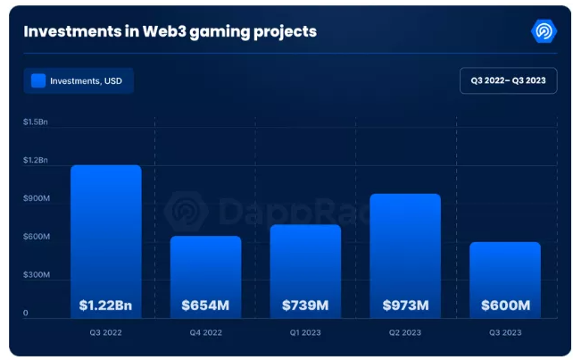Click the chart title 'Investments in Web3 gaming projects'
tap(170, 32)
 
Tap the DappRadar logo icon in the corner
tap(543, 32)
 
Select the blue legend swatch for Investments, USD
tap(38, 81)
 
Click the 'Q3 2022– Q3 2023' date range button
tap(508, 81)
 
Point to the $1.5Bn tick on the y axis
tap(36, 121)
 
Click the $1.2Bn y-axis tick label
tap(36, 160)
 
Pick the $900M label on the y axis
tap(37, 198)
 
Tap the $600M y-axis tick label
tap(37, 237)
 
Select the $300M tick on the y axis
tap(37, 275)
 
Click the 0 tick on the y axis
tap(26, 314)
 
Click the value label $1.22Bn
tap(105, 306)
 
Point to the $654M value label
tap(205, 306)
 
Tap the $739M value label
tap(305, 306)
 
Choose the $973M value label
tap(405, 306)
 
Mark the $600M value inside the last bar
tap(505, 306)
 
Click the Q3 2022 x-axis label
tap(105, 333)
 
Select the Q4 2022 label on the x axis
tap(205, 333)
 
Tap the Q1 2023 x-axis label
tap(305, 333)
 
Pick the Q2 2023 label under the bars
tap(405, 333)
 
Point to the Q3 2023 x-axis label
tap(505, 333)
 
